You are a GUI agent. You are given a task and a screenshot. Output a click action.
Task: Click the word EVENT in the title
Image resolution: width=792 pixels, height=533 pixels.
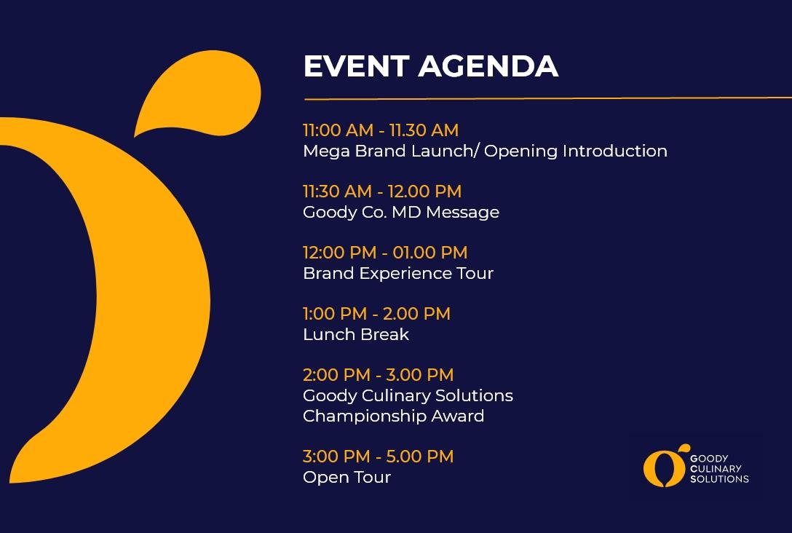pyautogui.click(x=356, y=66)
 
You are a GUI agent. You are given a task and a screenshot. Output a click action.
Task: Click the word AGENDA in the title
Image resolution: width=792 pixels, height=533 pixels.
pyautogui.click(x=488, y=66)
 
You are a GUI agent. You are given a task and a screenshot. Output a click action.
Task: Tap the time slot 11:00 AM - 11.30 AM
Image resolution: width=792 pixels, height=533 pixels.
pyautogui.click(x=381, y=130)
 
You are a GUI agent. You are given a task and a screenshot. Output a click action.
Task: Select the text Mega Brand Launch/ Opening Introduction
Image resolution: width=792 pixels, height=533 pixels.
pyautogui.click(x=485, y=151)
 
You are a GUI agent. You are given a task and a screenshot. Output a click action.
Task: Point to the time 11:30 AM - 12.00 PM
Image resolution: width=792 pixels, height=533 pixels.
pyautogui.click(x=382, y=192)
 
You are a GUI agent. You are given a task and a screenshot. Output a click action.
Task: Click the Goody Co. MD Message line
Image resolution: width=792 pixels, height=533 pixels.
pyautogui.click(x=401, y=212)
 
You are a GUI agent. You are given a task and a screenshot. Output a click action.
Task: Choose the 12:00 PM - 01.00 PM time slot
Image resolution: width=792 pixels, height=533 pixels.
pyautogui.click(x=385, y=253)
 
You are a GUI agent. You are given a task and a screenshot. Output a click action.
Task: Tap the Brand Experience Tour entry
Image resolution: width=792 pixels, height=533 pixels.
pyautogui.click(x=398, y=273)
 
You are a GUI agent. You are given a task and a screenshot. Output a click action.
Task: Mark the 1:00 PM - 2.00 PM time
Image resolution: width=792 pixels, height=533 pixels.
pyautogui.click(x=377, y=314)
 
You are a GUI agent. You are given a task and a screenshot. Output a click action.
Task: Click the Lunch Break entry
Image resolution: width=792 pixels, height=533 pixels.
pyautogui.click(x=356, y=334)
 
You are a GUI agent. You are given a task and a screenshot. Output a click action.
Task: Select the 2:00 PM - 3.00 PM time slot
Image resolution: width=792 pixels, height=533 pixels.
pyautogui.click(x=379, y=375)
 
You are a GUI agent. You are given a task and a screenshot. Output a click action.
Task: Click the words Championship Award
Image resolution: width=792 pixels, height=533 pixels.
pyautogui.click(x=394, y=416)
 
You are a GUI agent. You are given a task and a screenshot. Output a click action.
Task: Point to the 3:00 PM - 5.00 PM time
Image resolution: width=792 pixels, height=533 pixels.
pyautogui.click(x=379, y=457)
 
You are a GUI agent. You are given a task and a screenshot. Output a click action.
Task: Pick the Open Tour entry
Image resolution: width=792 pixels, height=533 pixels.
pyautogui.click(x=347, y=478)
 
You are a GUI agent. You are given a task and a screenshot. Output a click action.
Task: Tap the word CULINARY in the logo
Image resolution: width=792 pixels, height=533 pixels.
pyautogui.click(x=716, y=468)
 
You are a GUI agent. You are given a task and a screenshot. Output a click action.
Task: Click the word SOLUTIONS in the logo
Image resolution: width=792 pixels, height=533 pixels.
pyautogui.click(x=719, y=478)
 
